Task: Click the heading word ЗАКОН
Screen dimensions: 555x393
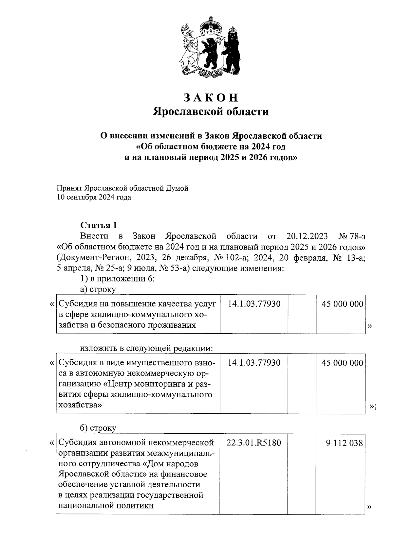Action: tap(211, 98)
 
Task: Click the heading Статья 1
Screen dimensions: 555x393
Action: tap(99, 225)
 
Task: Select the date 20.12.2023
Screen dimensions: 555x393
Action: tap(305, 236)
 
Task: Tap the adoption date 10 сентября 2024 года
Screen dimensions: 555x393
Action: tap(94, 197)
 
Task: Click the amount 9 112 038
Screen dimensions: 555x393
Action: tap(344, 443)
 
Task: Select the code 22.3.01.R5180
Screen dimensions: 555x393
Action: tap(253, 443)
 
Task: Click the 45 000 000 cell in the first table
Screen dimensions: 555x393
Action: tap(342, 304)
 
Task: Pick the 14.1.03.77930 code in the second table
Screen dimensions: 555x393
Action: tap(254, 363)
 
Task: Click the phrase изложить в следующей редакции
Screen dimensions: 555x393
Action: tap(147, 348)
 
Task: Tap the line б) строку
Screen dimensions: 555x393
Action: tap(98, 428)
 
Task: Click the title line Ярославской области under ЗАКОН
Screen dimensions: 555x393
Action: tap(211, 112)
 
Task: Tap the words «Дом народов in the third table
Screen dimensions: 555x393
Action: tap(171, 464)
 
